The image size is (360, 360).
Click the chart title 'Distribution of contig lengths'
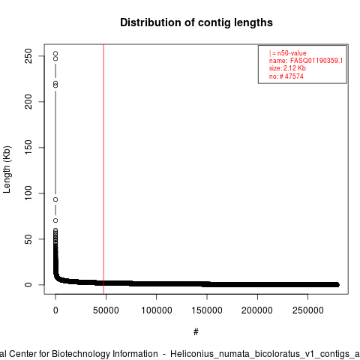point(196,22)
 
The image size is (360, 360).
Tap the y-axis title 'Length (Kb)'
point(7,169)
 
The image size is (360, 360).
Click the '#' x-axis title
point(196,332)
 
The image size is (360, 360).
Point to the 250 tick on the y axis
point(28,55)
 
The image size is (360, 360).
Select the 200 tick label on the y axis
point(28,101)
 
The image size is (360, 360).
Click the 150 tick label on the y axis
point(28,147)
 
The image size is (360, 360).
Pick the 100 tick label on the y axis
point(28,193)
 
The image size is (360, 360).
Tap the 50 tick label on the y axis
point(28,239)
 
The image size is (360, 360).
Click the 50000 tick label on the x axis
point(106,310)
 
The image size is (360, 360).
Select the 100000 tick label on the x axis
point(157,310)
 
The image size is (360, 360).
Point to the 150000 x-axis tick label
point(207,310)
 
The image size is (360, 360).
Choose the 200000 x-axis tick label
point(257,310)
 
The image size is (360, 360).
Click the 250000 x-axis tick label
point(307,310)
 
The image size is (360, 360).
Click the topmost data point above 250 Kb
point(55,53)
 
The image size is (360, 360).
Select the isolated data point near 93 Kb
point(55,199)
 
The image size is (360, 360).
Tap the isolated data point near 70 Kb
point(55,220)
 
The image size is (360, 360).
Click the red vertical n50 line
point(103,169)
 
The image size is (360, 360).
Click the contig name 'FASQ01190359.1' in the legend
point(316,61)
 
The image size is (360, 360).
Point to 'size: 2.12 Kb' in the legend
point(287,68)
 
